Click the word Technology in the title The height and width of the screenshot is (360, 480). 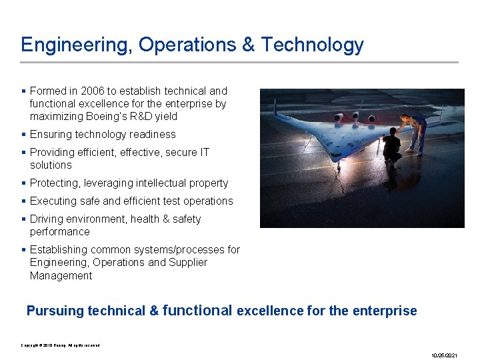[312, 45]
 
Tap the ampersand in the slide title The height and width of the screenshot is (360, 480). [248, 45]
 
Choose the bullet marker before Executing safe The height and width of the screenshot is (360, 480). [24, 201]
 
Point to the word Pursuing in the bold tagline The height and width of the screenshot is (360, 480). [55, 311]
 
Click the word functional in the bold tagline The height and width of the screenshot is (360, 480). [197, 310]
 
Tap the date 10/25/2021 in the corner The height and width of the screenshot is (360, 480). [445, 355]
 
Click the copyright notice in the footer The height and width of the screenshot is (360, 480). [61, 345]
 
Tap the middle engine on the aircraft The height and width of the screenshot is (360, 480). [355, 119]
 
